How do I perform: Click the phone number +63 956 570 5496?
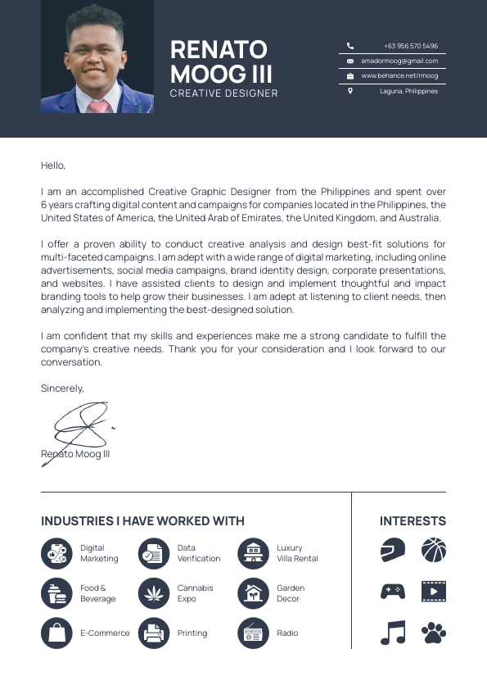click(x=410, y=47)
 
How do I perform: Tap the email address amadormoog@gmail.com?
click(x=399, y=61)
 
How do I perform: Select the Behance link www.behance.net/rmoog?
click(x=399, y=75)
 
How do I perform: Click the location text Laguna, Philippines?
click(x=408, y=91)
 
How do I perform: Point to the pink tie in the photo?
click(x=98, y=107)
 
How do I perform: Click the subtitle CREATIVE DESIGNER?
click(x=223, y=93)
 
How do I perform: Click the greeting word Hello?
click(x=53, y=166)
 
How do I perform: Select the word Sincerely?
click(x=62, y=388)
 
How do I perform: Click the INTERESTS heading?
click(x=413, y=521)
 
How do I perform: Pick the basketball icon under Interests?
click(x=434, y=550)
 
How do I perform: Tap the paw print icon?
click(x=434, y=632)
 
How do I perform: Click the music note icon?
click(x=393, y=632)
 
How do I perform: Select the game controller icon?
click(x=393, y=591)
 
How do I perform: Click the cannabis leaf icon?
click(x=153, y=593)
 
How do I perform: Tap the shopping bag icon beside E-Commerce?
click(x=56, y=633)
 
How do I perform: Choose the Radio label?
click(x=287, y=633)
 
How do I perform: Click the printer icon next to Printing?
click(x=153, y=633)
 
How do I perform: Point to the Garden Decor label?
click(x=291, y=593)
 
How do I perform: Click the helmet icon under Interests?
click(x=393, y=550)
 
